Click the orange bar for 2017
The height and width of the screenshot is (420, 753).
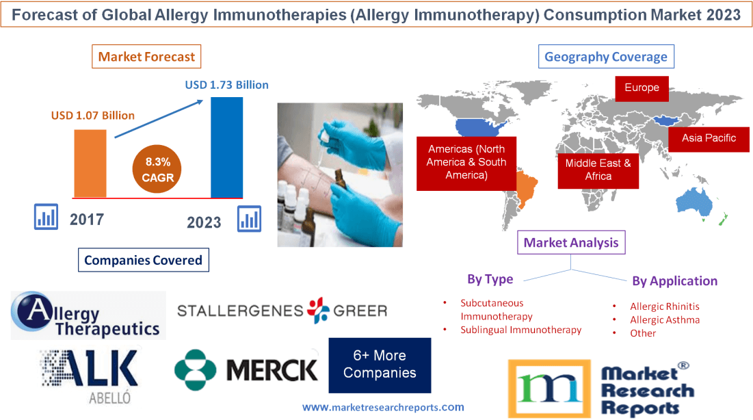[90, 163]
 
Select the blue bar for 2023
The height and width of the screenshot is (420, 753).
[226, 147]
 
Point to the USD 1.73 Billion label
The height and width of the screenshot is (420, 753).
[226, 86]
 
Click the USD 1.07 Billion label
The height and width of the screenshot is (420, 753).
[93, 115]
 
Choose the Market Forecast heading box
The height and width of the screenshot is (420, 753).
[146, 57]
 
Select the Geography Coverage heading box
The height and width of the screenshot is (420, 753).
[606, 57]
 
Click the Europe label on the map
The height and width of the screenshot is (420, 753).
[642, 88]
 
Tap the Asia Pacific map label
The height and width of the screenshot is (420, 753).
[709, 138]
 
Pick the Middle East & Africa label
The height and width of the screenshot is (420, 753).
[598, 170]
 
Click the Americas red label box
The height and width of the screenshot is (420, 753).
[466, 162]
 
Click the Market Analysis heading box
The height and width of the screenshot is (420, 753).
[571, 243]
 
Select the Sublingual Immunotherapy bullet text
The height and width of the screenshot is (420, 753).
[520, 330]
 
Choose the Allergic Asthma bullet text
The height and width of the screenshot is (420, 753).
[665, 319]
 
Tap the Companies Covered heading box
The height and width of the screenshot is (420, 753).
[143, 260]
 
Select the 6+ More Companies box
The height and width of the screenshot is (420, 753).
[380, 365]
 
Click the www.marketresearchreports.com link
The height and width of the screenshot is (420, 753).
[383, 407]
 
